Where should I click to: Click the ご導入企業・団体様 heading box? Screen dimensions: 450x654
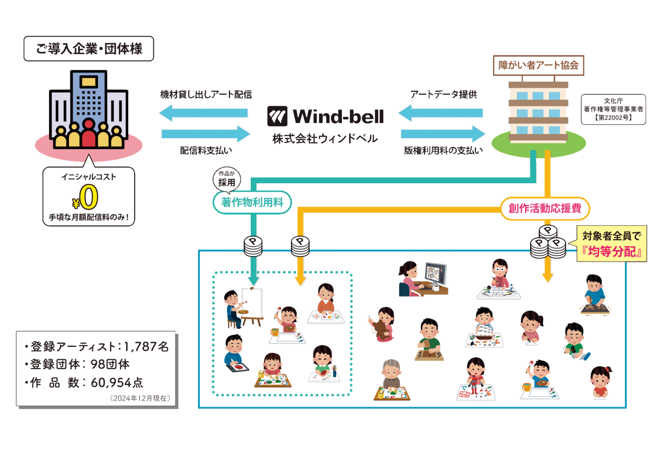(89, 49)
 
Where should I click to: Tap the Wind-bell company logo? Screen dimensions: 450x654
(325, 117)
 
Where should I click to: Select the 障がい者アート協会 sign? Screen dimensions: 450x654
(538, 65)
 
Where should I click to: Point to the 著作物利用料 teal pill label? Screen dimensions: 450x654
(252, 202)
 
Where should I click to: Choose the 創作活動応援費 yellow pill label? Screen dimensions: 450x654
(545, 208)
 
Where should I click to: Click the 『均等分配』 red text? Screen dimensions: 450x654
(612, 252)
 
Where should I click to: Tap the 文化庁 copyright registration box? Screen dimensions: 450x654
(613, 109)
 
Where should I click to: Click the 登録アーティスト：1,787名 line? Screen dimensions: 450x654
(97, 347)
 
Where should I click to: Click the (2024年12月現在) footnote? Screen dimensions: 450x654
(140, 398)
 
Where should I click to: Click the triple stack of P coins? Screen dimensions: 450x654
(548, 242)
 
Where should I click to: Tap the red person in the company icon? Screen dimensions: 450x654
(89, 133)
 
